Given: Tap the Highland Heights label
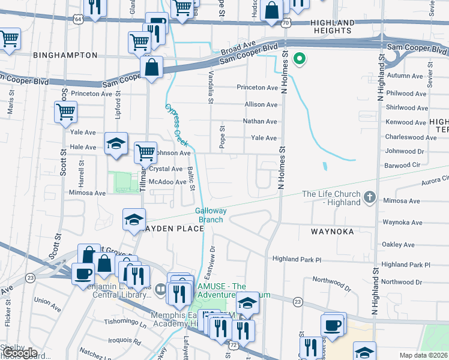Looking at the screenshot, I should click(331, 26).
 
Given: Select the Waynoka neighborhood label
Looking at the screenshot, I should click(333, 231).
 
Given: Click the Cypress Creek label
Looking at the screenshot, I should click(176, 125).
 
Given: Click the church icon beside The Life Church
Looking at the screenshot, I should click(370, 197).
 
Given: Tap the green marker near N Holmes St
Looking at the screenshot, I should click(298, 59).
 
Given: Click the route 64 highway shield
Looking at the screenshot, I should click(79, 19).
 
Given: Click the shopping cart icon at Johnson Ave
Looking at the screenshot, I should click(145, 152).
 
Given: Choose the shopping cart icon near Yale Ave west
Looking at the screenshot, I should click(65, 112).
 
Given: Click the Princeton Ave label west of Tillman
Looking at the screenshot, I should click(91, 94).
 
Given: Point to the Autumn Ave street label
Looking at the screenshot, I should click(405, 76).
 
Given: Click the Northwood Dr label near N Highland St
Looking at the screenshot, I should click(405, 282).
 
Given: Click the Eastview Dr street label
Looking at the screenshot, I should click(213, 259).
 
